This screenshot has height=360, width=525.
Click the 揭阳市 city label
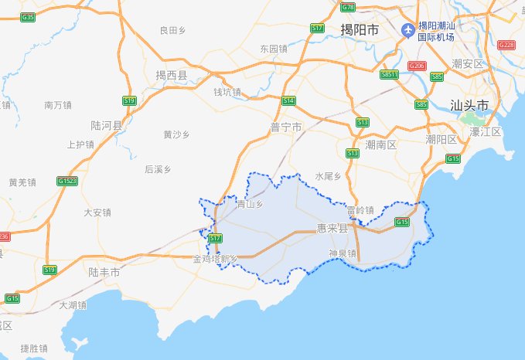[x=360, y=30]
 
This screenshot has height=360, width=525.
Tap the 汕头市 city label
[x=470, y=104]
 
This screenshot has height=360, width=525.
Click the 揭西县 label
[x=172, y=75]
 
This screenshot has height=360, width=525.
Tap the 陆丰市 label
[x=104, y=272]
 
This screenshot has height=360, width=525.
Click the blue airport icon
[x=407, y=29]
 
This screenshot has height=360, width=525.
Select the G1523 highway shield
[x=67, y=182]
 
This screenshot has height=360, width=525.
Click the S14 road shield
[x=288, y=100]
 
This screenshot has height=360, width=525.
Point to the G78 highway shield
[x=347, y=7]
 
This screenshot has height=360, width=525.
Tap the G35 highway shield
[x=29, y=16]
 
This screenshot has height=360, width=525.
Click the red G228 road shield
[x=506, y=45]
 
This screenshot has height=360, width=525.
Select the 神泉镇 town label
[x=341, y=253]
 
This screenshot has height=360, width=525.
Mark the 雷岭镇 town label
[x=360, y=209]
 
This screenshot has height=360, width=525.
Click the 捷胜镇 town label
[x=34, y=348]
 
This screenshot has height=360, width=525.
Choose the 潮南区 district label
[x=380, y=144]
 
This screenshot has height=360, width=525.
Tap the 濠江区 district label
[x=486, y=132]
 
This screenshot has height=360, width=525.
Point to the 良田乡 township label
[x=172, y=31]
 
